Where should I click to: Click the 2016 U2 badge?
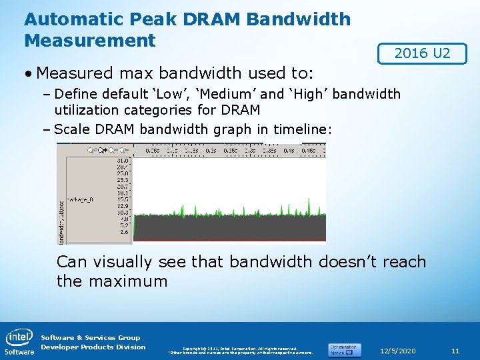[422, 53]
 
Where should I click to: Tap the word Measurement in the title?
[90, 40]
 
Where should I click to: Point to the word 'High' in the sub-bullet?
[307, 94]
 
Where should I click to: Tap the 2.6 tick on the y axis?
[123, 231]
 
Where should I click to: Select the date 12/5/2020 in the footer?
[398, 351]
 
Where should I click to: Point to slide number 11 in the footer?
[455, 351]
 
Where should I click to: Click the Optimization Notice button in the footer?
[344, 349]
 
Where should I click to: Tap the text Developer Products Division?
[93, 347]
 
